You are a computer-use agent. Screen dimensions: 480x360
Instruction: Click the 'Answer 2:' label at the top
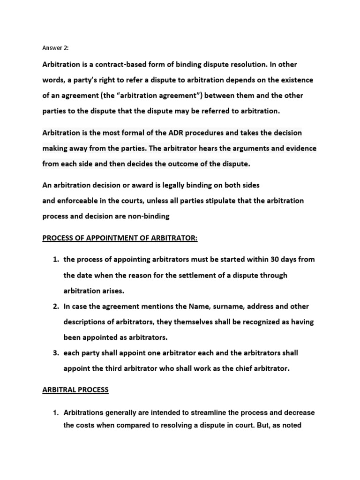click(x=55, y=47)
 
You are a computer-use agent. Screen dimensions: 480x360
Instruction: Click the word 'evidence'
click(x=301, y=148)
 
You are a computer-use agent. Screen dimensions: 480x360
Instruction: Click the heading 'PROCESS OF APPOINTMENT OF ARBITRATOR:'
click(x=120, y=239)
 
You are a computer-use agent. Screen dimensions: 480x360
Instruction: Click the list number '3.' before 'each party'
click(x=55, y=352)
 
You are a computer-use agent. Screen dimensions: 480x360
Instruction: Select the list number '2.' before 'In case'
click(x=55, y=307)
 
